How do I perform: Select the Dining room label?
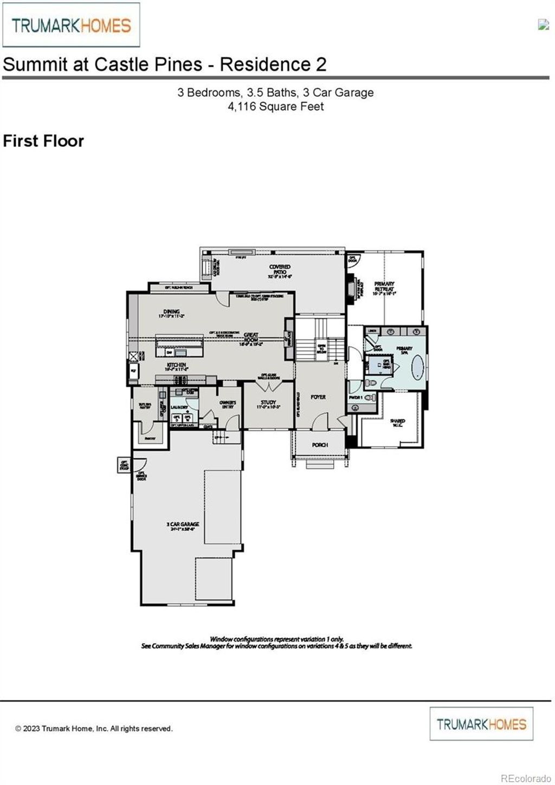(171, 313)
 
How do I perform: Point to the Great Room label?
(251, 339)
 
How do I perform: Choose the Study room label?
(268, 404)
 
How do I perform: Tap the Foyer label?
(318, 397)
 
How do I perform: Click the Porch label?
(320, 445)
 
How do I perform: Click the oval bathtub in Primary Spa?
(417, 368)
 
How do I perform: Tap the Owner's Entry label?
(228, 404)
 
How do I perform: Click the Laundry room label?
(179, 407)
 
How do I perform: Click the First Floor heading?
(43, 141)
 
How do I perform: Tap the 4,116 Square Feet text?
(275, 107)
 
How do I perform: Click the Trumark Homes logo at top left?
(71, 25)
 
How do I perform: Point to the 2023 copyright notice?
(93, 729)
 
